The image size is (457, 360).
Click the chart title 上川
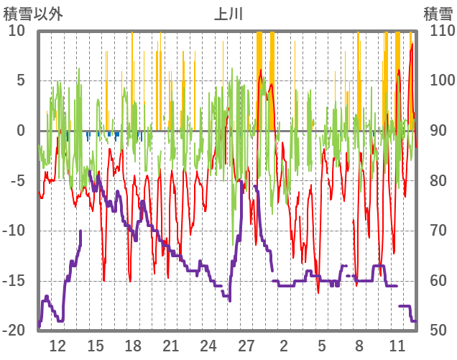pos(228,14)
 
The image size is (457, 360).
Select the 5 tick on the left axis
pos(21,80)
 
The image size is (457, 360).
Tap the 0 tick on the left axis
pos(21,131)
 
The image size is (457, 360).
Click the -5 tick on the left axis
pos(18,181)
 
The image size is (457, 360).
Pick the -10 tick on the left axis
pos(15,231)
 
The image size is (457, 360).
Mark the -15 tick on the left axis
pos(15,281)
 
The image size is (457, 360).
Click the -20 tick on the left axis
pos(15,331)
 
